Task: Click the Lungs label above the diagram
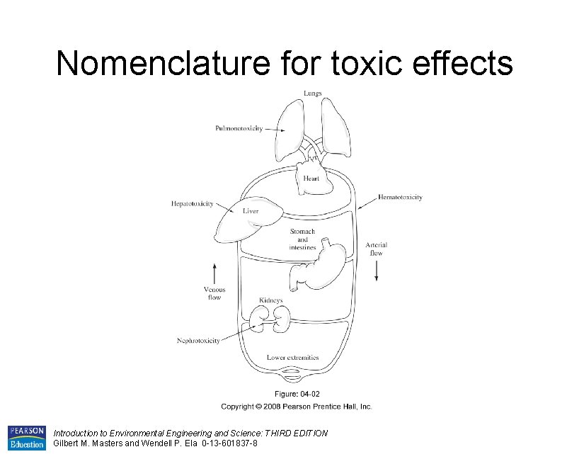point(312,93)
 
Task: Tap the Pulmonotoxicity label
point(239,128)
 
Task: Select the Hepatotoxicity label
point(192,204)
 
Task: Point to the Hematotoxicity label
point(400,197)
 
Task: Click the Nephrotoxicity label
point(198,341)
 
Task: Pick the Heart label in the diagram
point(311,178)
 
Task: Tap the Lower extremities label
point(293,358)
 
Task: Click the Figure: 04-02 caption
point(297,394)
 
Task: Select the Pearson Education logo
point(26,438)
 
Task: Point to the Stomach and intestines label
point(302,239)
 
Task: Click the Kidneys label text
point(270,300)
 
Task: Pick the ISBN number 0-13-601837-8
point(222,443)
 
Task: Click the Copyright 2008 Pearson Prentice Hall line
point(296,407)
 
